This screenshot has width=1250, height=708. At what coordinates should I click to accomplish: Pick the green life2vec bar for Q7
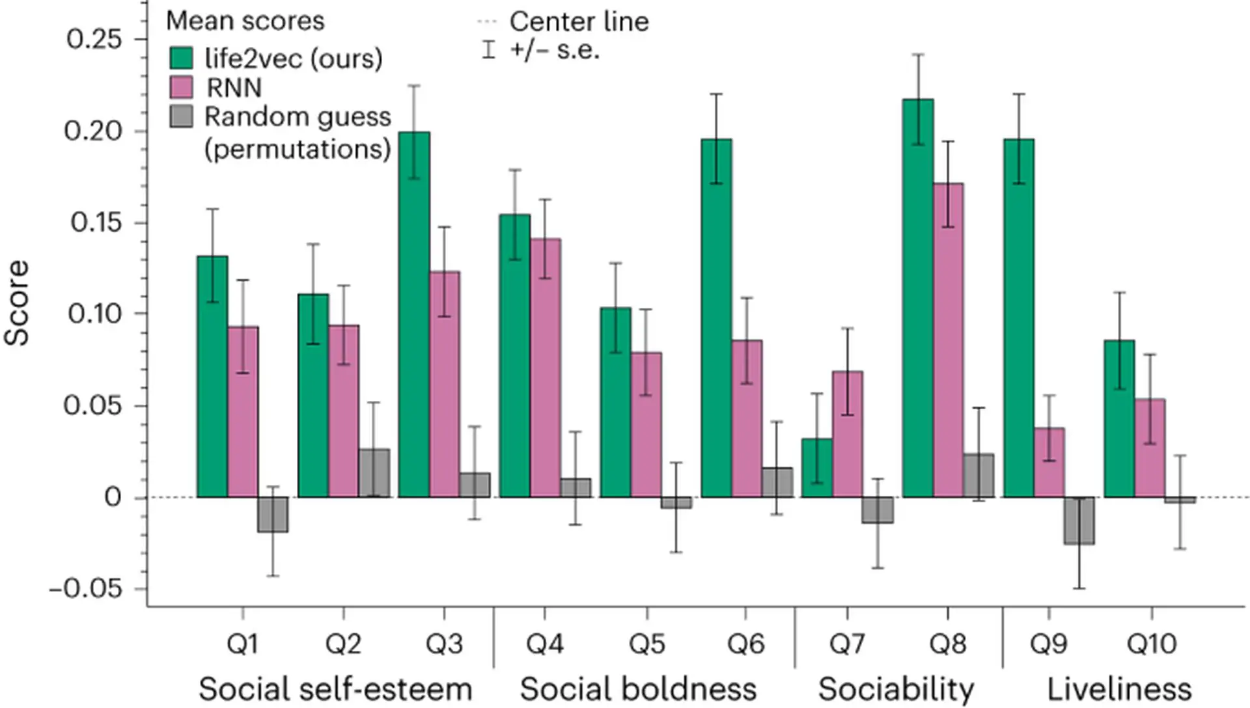[x=817, y=468]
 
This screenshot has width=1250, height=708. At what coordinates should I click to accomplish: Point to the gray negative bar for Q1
[x=273, y=515]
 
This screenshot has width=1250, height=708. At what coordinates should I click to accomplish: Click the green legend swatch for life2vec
[x=182, y=58]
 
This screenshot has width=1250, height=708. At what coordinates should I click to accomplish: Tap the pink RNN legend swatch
[x=182, y=87]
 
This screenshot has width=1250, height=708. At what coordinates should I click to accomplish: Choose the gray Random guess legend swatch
[x=182, y=116]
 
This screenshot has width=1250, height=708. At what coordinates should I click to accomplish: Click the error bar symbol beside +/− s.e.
[x=488, y=49]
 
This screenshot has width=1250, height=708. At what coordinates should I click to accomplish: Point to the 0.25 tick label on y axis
[x=94, y=39]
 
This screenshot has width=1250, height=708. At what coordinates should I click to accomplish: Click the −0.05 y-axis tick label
[x=87, y=589]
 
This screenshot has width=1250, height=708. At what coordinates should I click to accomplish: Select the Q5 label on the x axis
[x=646, y=644]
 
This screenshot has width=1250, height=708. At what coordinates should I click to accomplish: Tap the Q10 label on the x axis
[x=1151, y=644]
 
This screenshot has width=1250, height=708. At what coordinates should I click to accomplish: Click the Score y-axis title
[x=17, y=303]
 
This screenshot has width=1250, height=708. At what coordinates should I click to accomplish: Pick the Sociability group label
[x=896, y=689]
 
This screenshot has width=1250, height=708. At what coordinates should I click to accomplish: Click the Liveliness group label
[x=1119, y=689]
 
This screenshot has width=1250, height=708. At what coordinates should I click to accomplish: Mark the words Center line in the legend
[x=579, y=21]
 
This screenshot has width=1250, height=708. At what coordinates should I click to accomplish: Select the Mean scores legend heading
[x=245, y=21]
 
